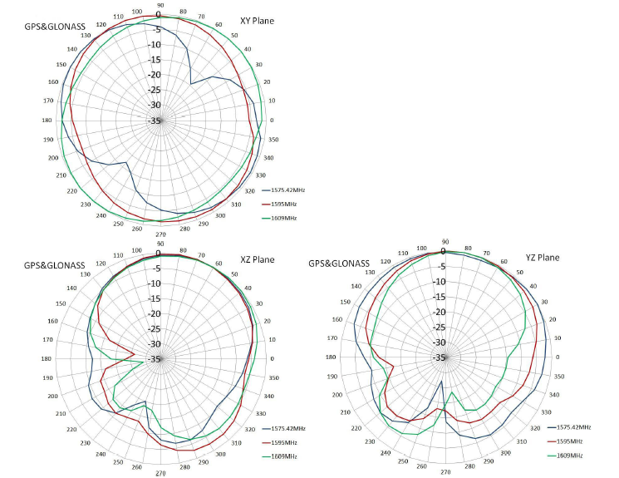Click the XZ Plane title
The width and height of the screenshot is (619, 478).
[x=257, y=259]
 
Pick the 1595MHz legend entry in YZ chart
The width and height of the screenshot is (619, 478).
[x=571, y=441]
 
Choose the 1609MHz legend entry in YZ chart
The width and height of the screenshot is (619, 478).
[x=571, y=455]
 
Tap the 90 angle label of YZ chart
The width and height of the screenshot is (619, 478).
[x=445, y=242]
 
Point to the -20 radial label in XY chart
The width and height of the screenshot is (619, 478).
[x=155, y=75]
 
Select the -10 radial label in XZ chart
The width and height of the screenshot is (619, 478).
[x=155, y=283]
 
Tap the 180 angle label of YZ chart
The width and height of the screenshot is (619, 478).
[x=332, y=357]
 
